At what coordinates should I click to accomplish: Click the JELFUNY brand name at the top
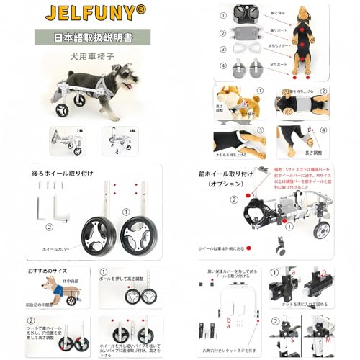89,12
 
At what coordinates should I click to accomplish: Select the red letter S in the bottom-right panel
292,337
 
